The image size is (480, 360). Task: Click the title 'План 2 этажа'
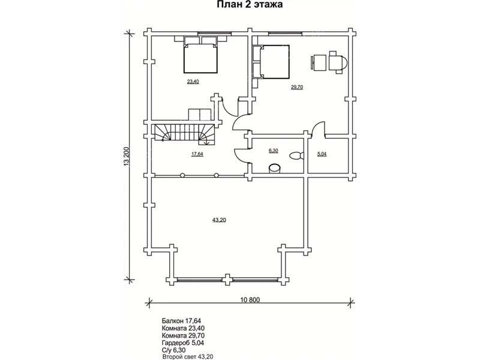[250, 5]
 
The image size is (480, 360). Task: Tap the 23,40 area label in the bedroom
[193, 82]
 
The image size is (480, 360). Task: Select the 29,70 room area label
[296, 87]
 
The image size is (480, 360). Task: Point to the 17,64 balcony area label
[197, 154]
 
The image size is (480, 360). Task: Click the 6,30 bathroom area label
[273, 151]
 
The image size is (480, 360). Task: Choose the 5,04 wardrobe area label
[322, 154]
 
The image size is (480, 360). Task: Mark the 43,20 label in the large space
[219, 220]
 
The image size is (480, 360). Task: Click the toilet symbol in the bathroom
[296, 155]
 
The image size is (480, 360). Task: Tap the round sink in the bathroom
[275, 169]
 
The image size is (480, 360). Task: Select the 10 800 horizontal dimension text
[250, 299]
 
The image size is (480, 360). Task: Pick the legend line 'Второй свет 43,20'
[188, 356]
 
